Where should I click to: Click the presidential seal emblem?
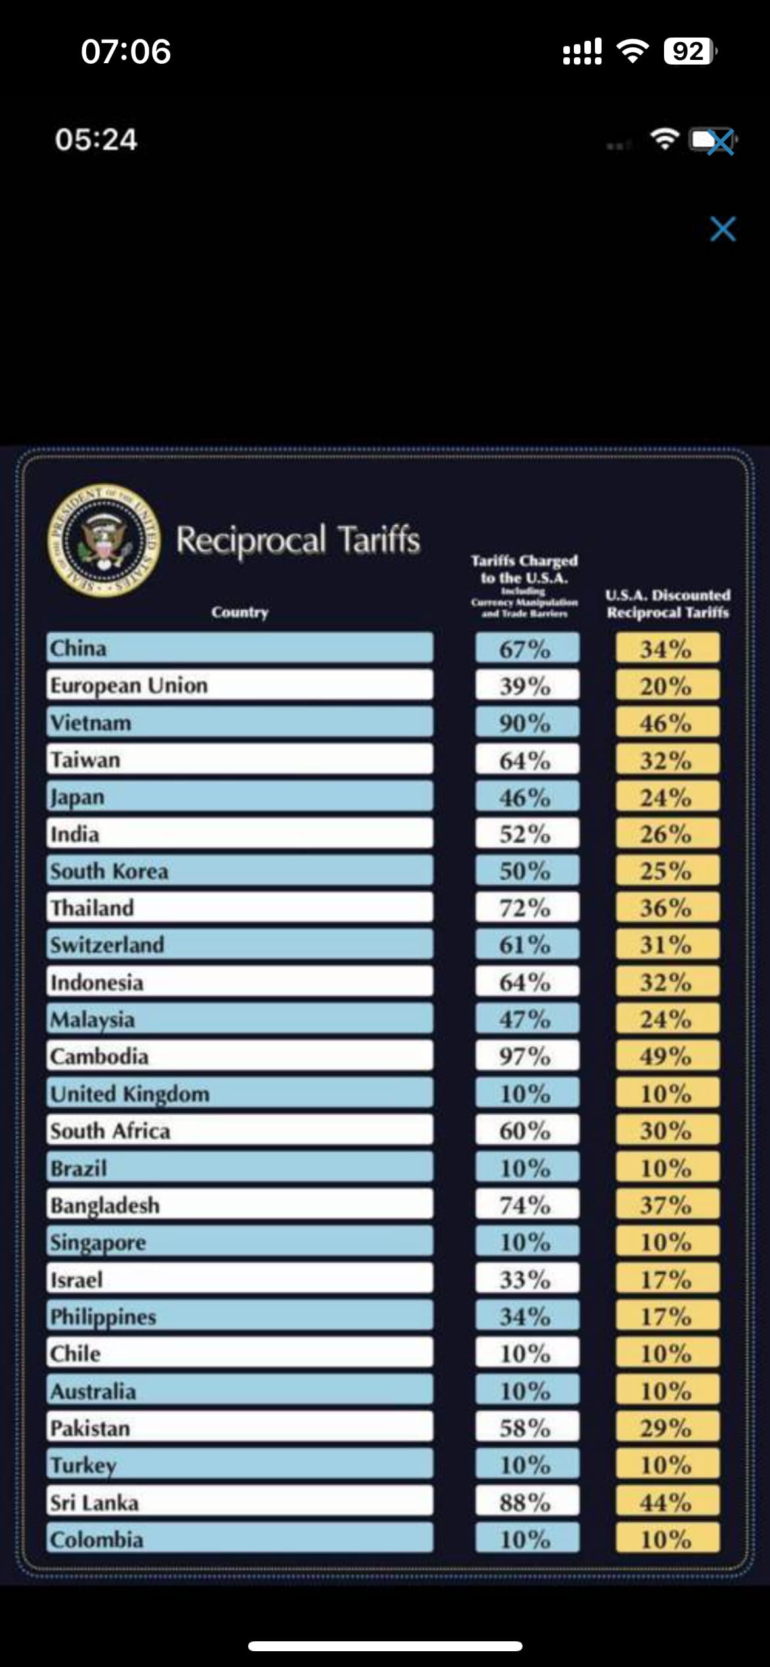pyautogui.click(x=104, y=540)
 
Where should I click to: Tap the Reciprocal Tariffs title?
pyautogui.click(x=297, y=540)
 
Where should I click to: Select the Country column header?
pyautogui.click(x=240, y=612)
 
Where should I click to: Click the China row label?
pyautogui.click(x=240, y=648)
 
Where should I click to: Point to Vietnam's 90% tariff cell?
pyautogui.click(x=526, y=722)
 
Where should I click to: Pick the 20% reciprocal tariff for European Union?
pyautogui.click(x=667, y=685)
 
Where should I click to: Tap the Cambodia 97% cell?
pyautogui.click(x=526, y=1056)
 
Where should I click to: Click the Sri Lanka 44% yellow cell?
pyautogui.click(x=667, y=1502)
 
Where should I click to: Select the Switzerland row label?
pyautogui.click(x=240, y=945)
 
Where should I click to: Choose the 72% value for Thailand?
pyautogui.click(x=526, y=908)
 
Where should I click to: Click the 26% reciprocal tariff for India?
pyautogui.click(x=667, y=833)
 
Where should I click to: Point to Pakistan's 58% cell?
pyautogui.click(x=526, y=1427)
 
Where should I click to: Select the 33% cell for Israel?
pyautogui.click(x=526, y=1279)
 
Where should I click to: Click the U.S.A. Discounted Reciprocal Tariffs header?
pyautogui.click(x=667, y=604)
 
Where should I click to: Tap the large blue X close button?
pyautogui.click(x=723, y=229)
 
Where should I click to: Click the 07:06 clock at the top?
pyautogui.click(x=126, y=51)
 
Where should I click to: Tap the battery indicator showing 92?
pyautogui.click(x=689, y=51)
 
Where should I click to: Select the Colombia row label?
pyautogui.click(x=240, y=1539)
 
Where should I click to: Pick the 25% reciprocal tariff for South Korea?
pyautogui.click(x=667, y=870)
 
